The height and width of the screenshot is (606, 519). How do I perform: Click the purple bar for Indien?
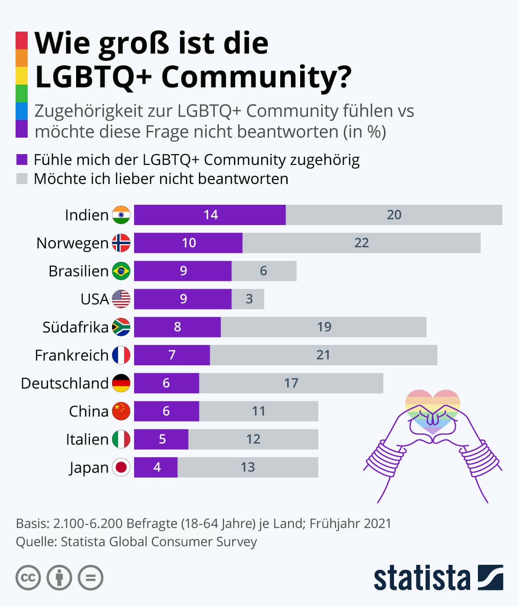coord(210,215)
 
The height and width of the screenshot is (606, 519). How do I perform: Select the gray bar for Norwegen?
coord(362,243)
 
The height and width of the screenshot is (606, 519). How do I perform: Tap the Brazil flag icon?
coord(121,271)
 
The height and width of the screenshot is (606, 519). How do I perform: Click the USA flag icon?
coord(121,299)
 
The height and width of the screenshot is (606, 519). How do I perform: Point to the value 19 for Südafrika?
coord(324,327)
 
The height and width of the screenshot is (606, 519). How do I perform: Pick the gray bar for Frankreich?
coord(324,355)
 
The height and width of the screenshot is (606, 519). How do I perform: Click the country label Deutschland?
coord(65,383)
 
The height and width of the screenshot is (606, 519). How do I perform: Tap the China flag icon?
coord(121,411)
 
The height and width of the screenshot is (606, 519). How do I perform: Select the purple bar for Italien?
coord(161,439)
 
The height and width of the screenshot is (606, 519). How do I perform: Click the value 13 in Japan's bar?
coord(248,467)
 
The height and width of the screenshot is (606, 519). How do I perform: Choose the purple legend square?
coord(22,160)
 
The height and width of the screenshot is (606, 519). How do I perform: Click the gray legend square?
coord(22,178)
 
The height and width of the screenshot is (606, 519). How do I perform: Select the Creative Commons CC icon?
coord(28,578)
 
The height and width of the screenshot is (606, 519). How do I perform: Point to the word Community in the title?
coord(256,77)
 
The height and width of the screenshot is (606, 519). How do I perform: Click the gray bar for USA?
coord(248,299)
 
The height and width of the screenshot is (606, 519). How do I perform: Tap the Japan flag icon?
coord(121,467)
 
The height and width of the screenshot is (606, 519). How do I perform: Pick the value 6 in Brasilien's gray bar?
coord(263,271)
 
